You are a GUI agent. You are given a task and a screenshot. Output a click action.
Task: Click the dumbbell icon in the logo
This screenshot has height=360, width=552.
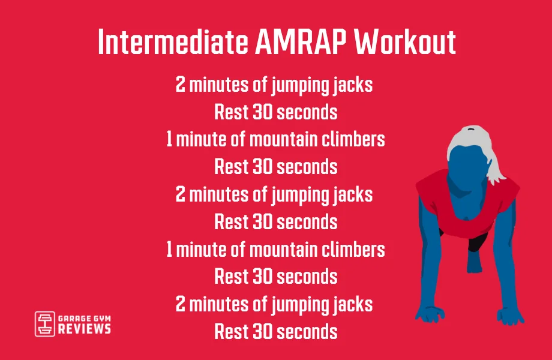point(44,323)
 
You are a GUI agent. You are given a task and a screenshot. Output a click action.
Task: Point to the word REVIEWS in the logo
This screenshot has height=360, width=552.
point(84,329)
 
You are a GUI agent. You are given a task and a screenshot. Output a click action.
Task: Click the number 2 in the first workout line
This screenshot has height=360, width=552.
point(180,85)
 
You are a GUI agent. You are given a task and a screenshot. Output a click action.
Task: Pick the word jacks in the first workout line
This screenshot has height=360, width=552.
point(352,85)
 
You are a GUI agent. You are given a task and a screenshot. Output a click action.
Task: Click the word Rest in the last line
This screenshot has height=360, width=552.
point(228,331)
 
